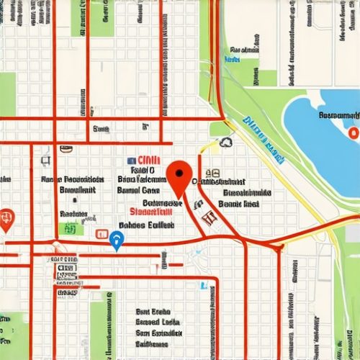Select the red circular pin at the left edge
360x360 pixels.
[x=6, y=218]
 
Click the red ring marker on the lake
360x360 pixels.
[x=352, y=133]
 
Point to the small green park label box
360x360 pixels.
[x=70, y=230]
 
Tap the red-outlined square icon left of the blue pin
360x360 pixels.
[x=101, y=235]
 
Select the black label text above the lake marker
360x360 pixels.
[x=338, y=115]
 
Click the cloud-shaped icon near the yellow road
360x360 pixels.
[x=226, y=143]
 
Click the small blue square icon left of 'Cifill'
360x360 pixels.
[x=131, y=161]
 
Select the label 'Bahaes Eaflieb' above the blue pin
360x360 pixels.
[x=146, y=225]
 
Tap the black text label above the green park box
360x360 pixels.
[x=72, y=214]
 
